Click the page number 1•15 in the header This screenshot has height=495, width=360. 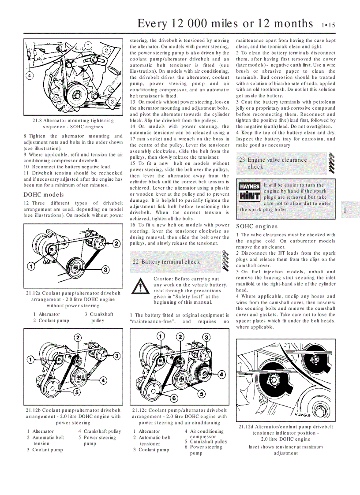click(328, 25)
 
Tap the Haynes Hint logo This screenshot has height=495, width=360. click(249, 192)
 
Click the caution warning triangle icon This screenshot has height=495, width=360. click(141, 287)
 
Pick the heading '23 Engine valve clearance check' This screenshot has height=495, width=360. click(273, 163)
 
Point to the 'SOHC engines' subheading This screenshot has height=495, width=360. click(256, 227)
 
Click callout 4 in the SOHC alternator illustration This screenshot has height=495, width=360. click(29, 75)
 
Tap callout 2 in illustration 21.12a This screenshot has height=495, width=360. click(116, 243)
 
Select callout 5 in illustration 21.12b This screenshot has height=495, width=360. click(76, 391)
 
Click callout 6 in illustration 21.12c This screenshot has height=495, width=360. click(174, 398)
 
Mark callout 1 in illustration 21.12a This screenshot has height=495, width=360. click(30, 266)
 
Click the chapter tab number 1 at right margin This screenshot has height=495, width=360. click(345, 211)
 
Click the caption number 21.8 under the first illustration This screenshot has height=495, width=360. click(37, 120)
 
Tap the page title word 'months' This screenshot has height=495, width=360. click(289, 23)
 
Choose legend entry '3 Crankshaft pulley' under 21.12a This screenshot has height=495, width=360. click(98, 317)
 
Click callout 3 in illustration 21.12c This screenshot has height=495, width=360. click(206, 337)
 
